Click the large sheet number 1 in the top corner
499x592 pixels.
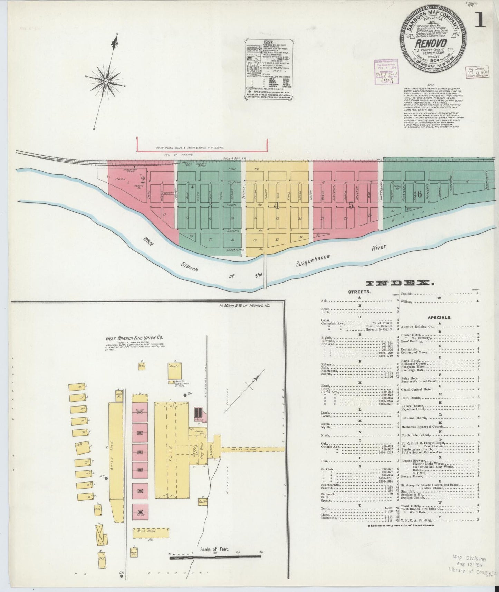coord(480,20)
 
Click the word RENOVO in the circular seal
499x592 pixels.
coord(433,44)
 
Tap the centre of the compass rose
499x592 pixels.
coord(105,81)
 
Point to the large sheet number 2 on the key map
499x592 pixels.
coord(142,180)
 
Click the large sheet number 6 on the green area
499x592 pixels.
coord(419,194)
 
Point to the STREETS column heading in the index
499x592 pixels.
coord(359,292)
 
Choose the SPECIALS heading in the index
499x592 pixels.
coord(440,317)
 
